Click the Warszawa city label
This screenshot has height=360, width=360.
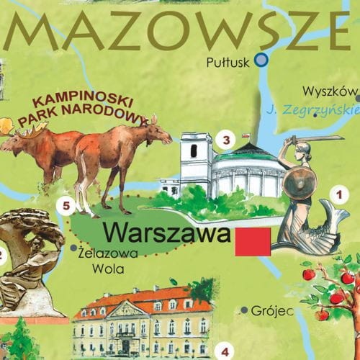point(166,233)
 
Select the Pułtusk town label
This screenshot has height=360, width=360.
point(228,63)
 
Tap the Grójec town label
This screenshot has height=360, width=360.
point(273,311)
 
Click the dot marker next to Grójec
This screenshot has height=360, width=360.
point(245,310)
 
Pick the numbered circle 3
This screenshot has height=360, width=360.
point(226,140)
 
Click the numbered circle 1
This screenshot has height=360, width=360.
point(336,193)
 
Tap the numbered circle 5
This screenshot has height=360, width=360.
point(66,207)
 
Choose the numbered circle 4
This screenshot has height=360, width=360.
point(225,351)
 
